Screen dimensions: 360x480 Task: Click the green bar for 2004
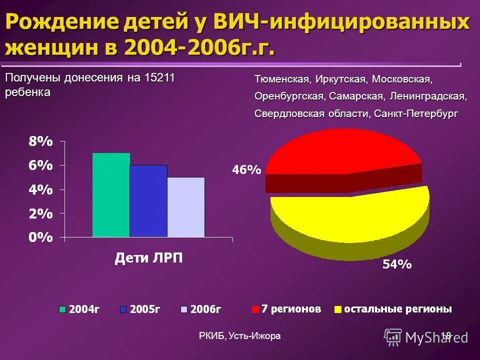(x=111, y=195)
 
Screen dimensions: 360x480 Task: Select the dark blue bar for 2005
(x=148, y=201)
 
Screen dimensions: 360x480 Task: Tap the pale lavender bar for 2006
(x=186, y=207)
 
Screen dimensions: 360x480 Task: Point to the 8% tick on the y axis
(x=40, y=141)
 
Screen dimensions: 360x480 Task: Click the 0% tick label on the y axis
(x=40, y=237)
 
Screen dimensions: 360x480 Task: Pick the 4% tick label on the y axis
(x=40, y=189)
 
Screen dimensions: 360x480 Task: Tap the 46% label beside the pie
(x=246, y=170)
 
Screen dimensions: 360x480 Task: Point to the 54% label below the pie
(x=397, y=264)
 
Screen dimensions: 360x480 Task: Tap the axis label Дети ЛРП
(x=149, y=258)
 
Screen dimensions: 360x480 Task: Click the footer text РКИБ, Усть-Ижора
(x=239, y=336)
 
